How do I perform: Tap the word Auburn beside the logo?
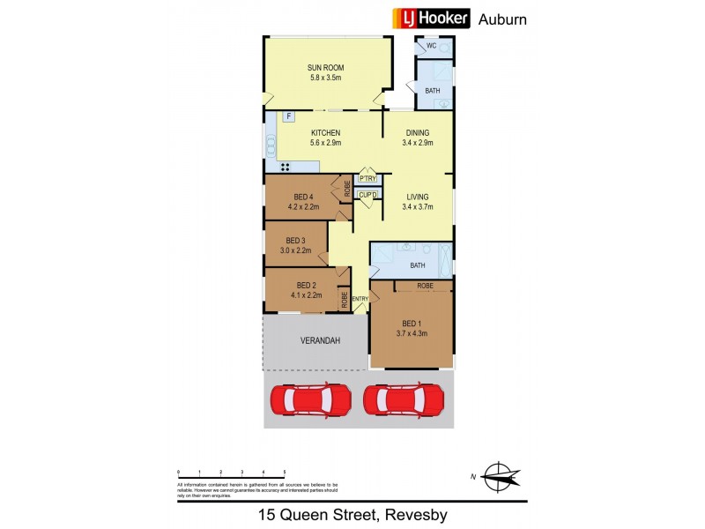coord(502,19)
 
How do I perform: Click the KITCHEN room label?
coord(325,133)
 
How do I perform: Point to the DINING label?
coord(418,133)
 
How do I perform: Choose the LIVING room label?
coord(418,197)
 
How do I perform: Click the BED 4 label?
coord(301,196)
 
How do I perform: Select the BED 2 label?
coord(306,285)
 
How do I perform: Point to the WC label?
coord(432,45)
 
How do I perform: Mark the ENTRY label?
coord(360,300)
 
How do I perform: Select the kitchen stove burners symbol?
coord(286,167)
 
